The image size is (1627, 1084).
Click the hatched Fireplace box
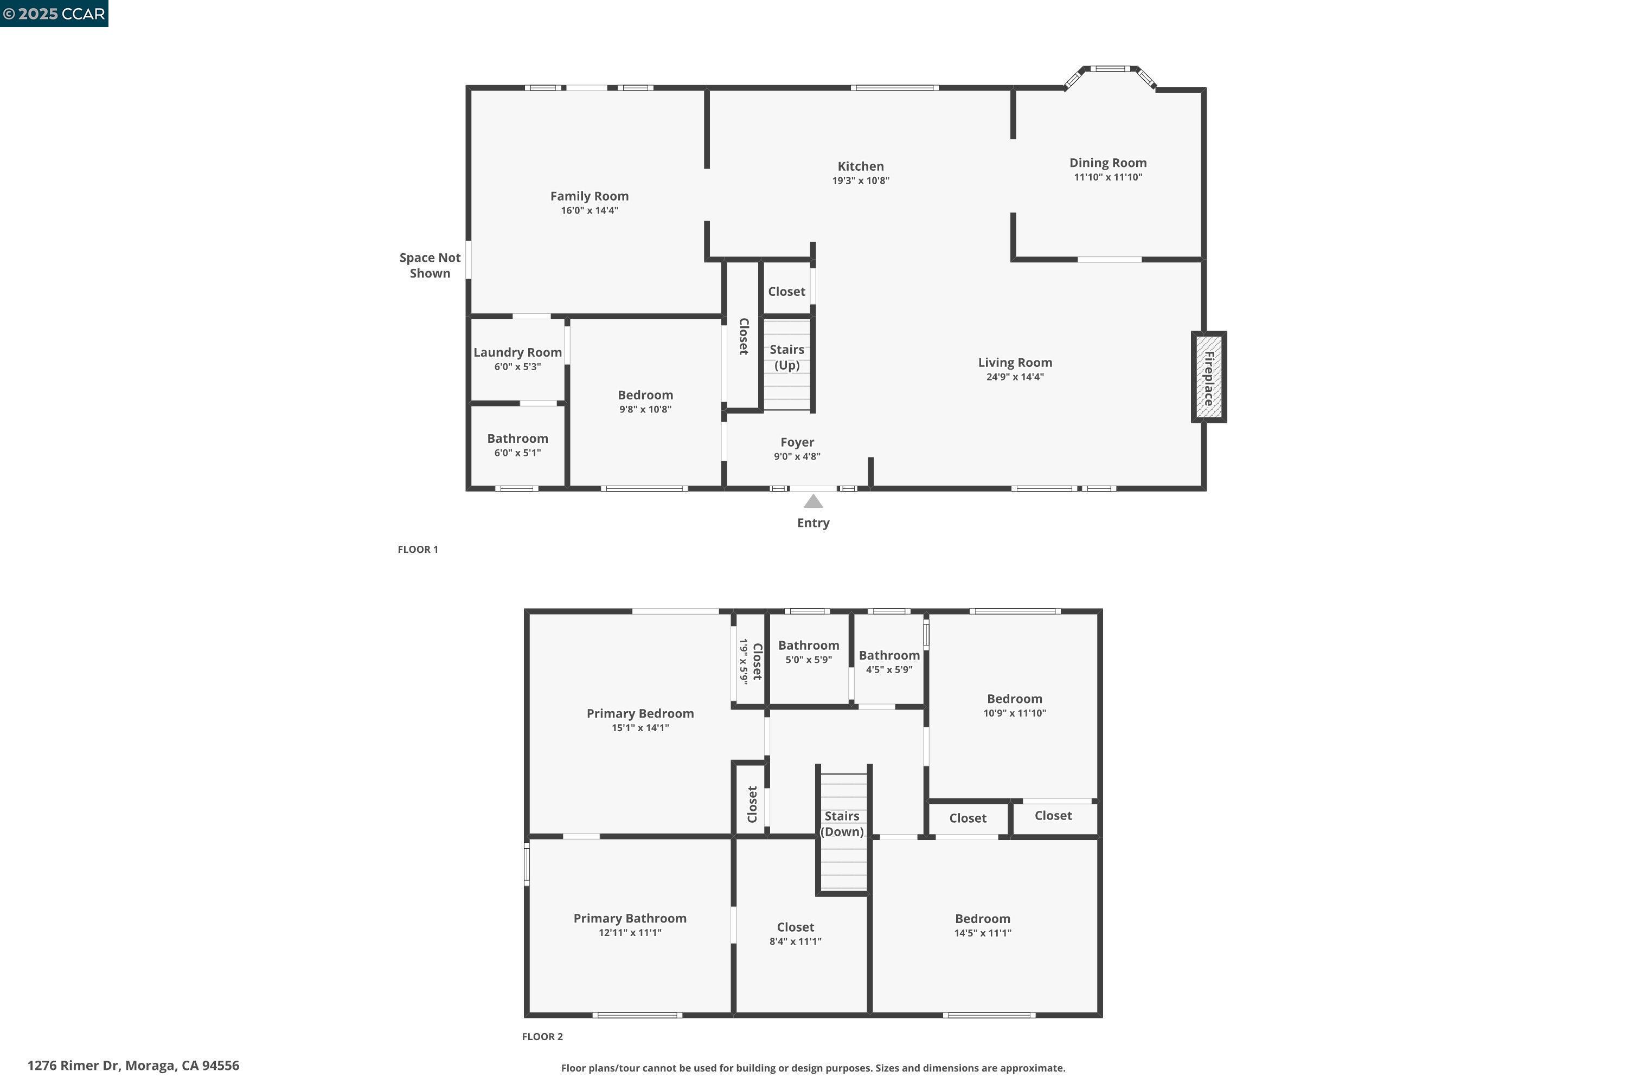(1208, 377)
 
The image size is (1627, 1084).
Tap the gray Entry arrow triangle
(813, 501)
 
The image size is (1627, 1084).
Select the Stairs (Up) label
(786, 357)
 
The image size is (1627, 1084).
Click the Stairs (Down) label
(842, 823)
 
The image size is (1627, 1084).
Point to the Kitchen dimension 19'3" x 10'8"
(861, 181)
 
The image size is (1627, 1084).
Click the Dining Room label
(1107, 163)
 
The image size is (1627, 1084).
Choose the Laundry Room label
(517, 353)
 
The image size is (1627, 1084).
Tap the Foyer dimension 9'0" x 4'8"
(797, 457)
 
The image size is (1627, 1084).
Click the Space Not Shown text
(430, 266)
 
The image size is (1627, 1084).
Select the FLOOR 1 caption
(418, 550)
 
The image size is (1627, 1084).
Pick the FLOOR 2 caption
(542, 1036)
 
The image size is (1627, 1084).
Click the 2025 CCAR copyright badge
(54, 13)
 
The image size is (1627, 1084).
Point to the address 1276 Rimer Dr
(133, 1066)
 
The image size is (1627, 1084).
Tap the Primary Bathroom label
(630, 918)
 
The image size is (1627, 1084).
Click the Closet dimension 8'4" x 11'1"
(796, 941)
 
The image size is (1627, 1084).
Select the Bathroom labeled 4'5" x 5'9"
(889, 655)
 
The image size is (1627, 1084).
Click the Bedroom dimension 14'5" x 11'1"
(982, 933)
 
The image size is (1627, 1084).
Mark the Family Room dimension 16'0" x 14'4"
(590, 211)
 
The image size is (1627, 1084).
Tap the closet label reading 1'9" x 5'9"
(744, 661)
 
